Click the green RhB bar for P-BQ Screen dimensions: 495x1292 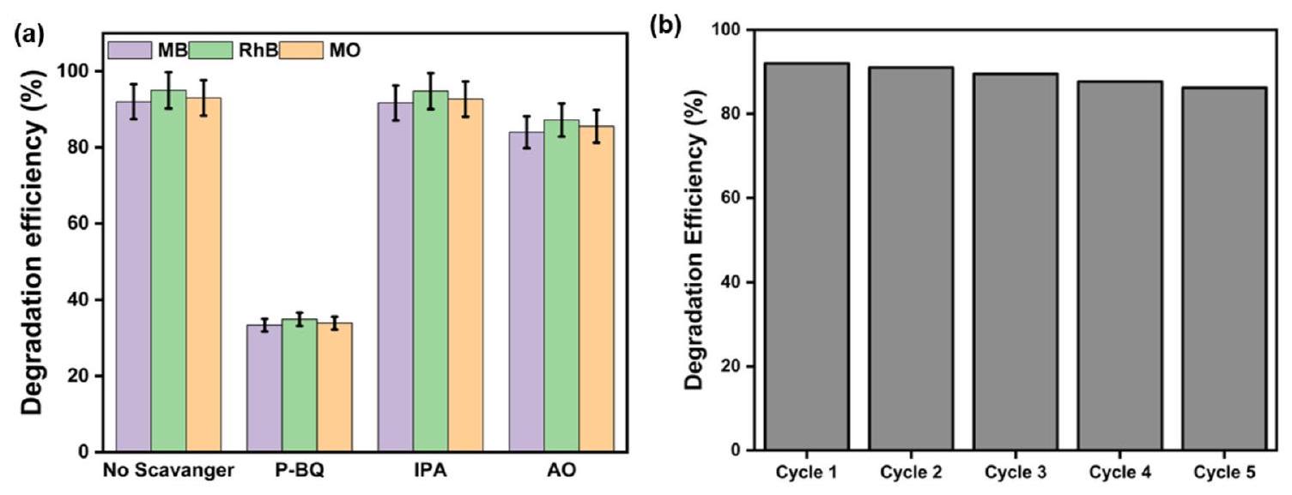(x=300, y=386)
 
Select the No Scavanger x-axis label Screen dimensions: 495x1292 (x=168, y=471)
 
